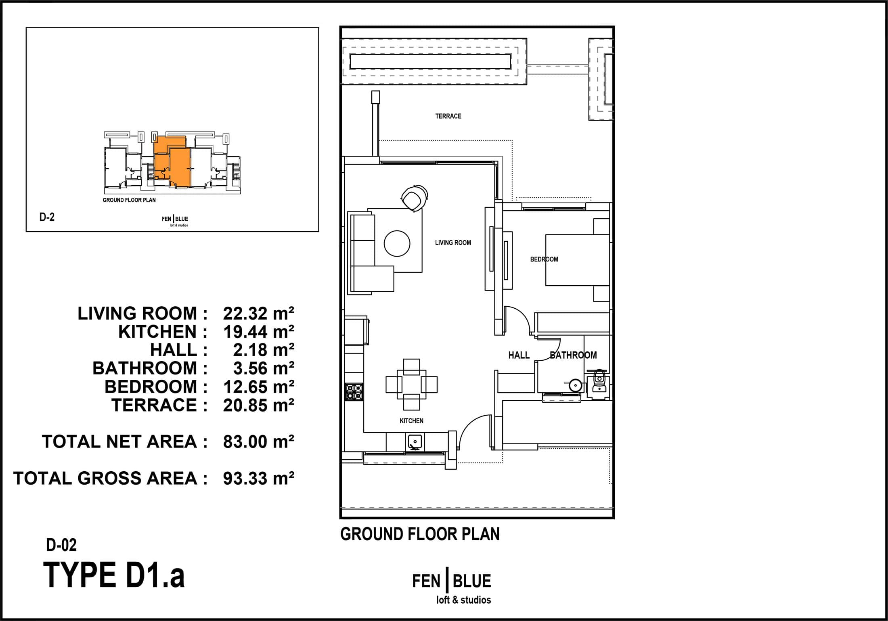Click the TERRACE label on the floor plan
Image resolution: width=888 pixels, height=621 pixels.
[448, 116]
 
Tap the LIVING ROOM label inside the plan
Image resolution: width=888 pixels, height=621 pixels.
[453, 243]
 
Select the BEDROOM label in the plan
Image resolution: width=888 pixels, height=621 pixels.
[544, 259]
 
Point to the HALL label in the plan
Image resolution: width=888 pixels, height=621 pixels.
[519, 355]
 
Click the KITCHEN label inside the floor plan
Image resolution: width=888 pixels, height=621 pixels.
[411, 420]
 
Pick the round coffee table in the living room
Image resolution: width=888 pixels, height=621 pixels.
[397, 243]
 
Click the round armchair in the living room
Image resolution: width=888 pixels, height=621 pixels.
[414, 197]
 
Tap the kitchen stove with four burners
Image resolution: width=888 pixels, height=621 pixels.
[354, 391]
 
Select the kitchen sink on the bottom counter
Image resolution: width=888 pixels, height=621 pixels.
[415, 442]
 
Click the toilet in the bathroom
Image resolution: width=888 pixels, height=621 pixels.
[600, 382]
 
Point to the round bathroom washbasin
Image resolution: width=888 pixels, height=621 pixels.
[575, 385]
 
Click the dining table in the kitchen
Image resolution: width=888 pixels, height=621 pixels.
[411, 384]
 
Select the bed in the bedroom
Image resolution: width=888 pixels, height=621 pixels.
[577, 260]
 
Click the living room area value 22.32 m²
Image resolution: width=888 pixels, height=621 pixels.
[258, 313]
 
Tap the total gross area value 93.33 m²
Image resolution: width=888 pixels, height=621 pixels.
[258, 478]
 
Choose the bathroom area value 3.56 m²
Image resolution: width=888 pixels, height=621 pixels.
[264, 368]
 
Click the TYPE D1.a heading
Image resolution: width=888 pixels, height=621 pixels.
[114, 575]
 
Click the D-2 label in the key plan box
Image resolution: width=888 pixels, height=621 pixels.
[47, 217]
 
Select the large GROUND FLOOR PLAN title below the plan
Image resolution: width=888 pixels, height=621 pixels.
[420, 534]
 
